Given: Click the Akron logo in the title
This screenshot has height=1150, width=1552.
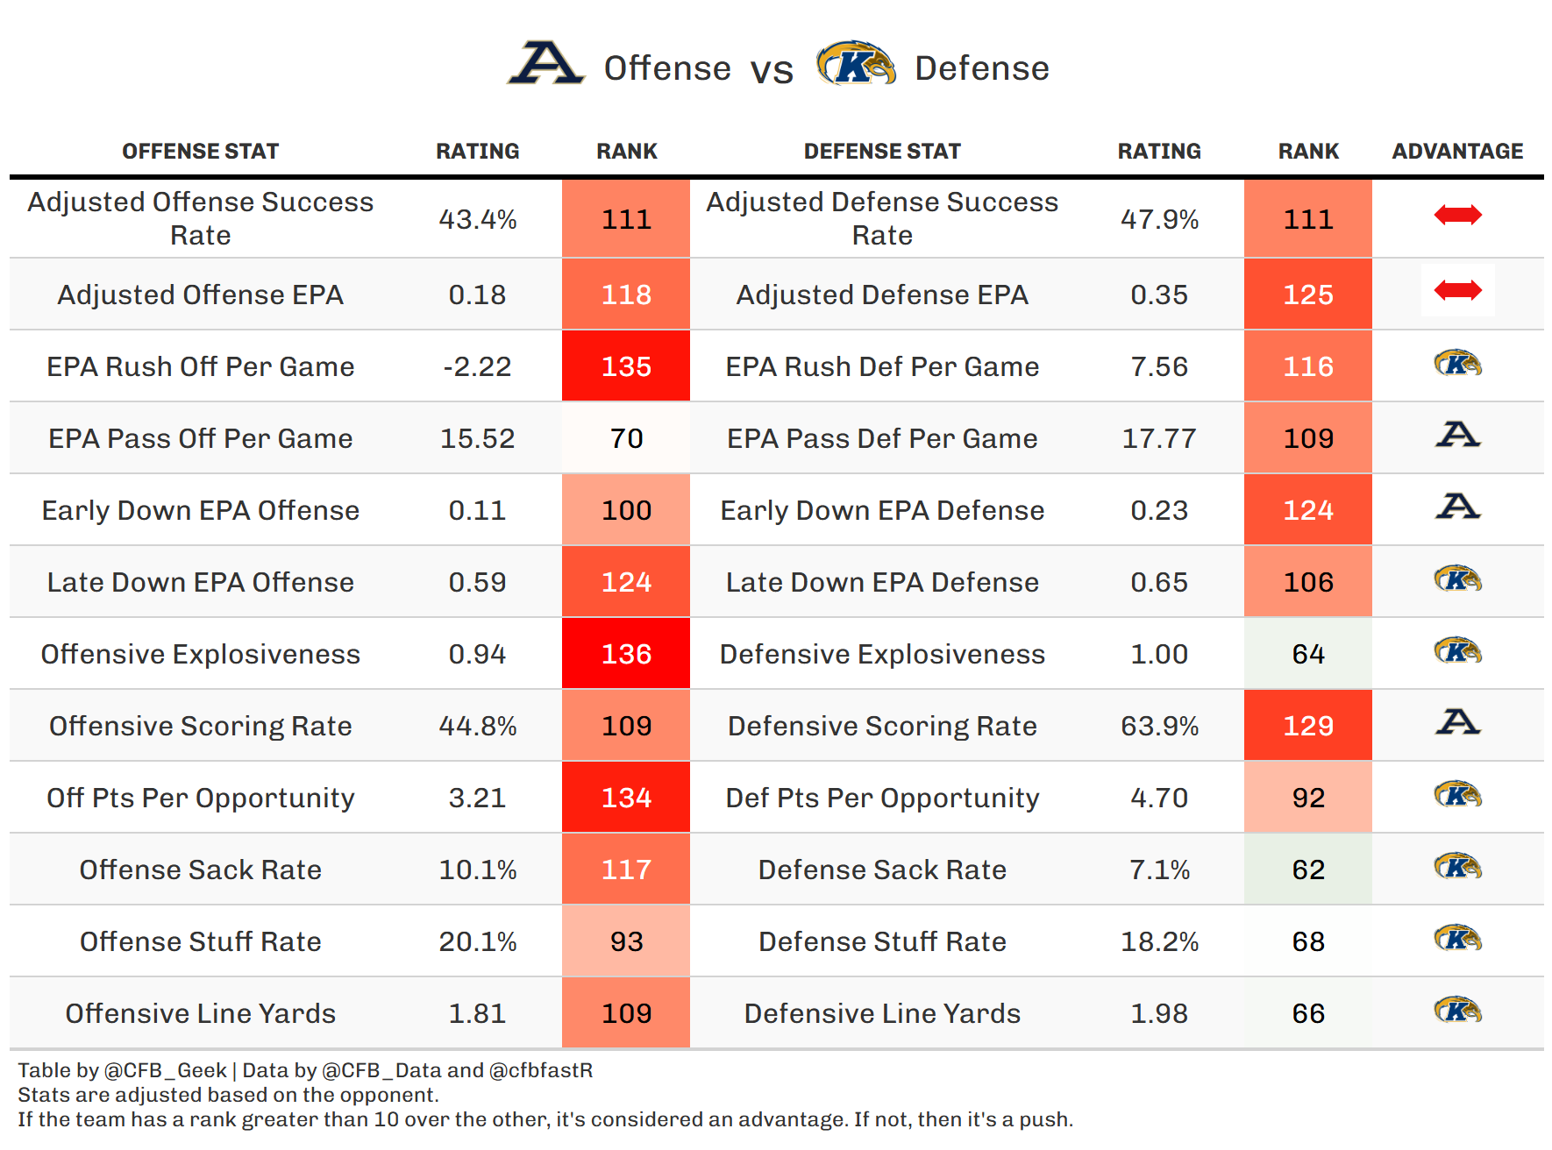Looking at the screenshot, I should point(545,63).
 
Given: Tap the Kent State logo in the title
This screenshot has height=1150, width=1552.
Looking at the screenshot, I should point(856,63).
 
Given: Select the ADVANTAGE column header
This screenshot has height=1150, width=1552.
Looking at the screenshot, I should point(1457,152).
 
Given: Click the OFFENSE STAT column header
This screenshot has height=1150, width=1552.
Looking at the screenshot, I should point(200,152).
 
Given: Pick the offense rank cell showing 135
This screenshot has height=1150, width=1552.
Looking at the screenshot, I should point(626,366).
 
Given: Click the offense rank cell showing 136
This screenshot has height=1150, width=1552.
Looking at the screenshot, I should point(626,654).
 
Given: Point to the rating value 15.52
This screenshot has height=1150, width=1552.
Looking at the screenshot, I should point(477,438).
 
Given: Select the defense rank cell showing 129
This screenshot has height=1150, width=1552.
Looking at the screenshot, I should point(1308,726).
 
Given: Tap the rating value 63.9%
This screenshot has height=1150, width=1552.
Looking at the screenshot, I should point(1159,726).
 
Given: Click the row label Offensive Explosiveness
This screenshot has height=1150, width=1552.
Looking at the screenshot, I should point(200,654).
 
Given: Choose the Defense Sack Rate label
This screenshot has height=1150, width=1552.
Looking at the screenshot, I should point(882,870).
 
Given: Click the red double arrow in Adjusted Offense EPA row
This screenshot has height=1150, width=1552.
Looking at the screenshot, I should point(1457,290).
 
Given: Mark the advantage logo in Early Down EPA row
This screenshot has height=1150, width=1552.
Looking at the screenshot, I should point(1457,506).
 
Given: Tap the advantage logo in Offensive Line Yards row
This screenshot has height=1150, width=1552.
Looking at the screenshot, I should point(1457,1010).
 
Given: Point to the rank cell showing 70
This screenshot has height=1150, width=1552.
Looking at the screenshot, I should point(626,438).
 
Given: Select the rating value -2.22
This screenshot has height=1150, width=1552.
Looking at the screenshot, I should point(477,366).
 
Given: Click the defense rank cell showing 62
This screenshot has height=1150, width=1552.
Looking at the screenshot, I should point(1308,870).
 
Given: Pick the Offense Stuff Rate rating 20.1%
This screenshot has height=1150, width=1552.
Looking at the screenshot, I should point(477,941).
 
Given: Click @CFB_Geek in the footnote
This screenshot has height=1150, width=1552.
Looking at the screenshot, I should point(166,1070).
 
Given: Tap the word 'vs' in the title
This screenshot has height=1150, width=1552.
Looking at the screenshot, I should point(772,70).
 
